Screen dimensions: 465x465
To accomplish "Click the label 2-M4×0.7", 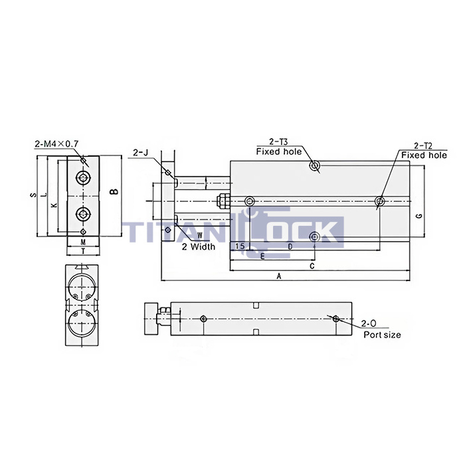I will [x=56, y=143].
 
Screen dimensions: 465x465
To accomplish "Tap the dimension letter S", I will [x=33, y=195].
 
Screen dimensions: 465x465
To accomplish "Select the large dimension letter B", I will [x=114, y=193].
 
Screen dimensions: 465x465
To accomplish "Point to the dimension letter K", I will [x=54, y=205].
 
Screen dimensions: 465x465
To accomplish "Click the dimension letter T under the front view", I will [x=82, y=252].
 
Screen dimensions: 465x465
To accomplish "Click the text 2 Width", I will [x=199, y=246].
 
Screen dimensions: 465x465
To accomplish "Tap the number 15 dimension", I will [x=239, y=246].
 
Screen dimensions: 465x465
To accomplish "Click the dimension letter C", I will [x=312, y=265].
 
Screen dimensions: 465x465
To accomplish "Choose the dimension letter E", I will [x=263, y=256].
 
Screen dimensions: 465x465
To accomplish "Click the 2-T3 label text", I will [x=278, y=142].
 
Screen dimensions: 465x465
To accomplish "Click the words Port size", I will [x=382, y=335].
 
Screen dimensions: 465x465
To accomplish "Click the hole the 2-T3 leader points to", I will [x=315, y=165].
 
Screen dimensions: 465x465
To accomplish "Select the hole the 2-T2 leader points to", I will [x=379, y=201].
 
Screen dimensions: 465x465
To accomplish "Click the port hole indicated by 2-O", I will [x=337, y=319].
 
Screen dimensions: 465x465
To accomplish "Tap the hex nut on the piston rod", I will [x=222, y=201].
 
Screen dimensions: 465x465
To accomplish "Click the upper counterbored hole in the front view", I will [x=83, y=177].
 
